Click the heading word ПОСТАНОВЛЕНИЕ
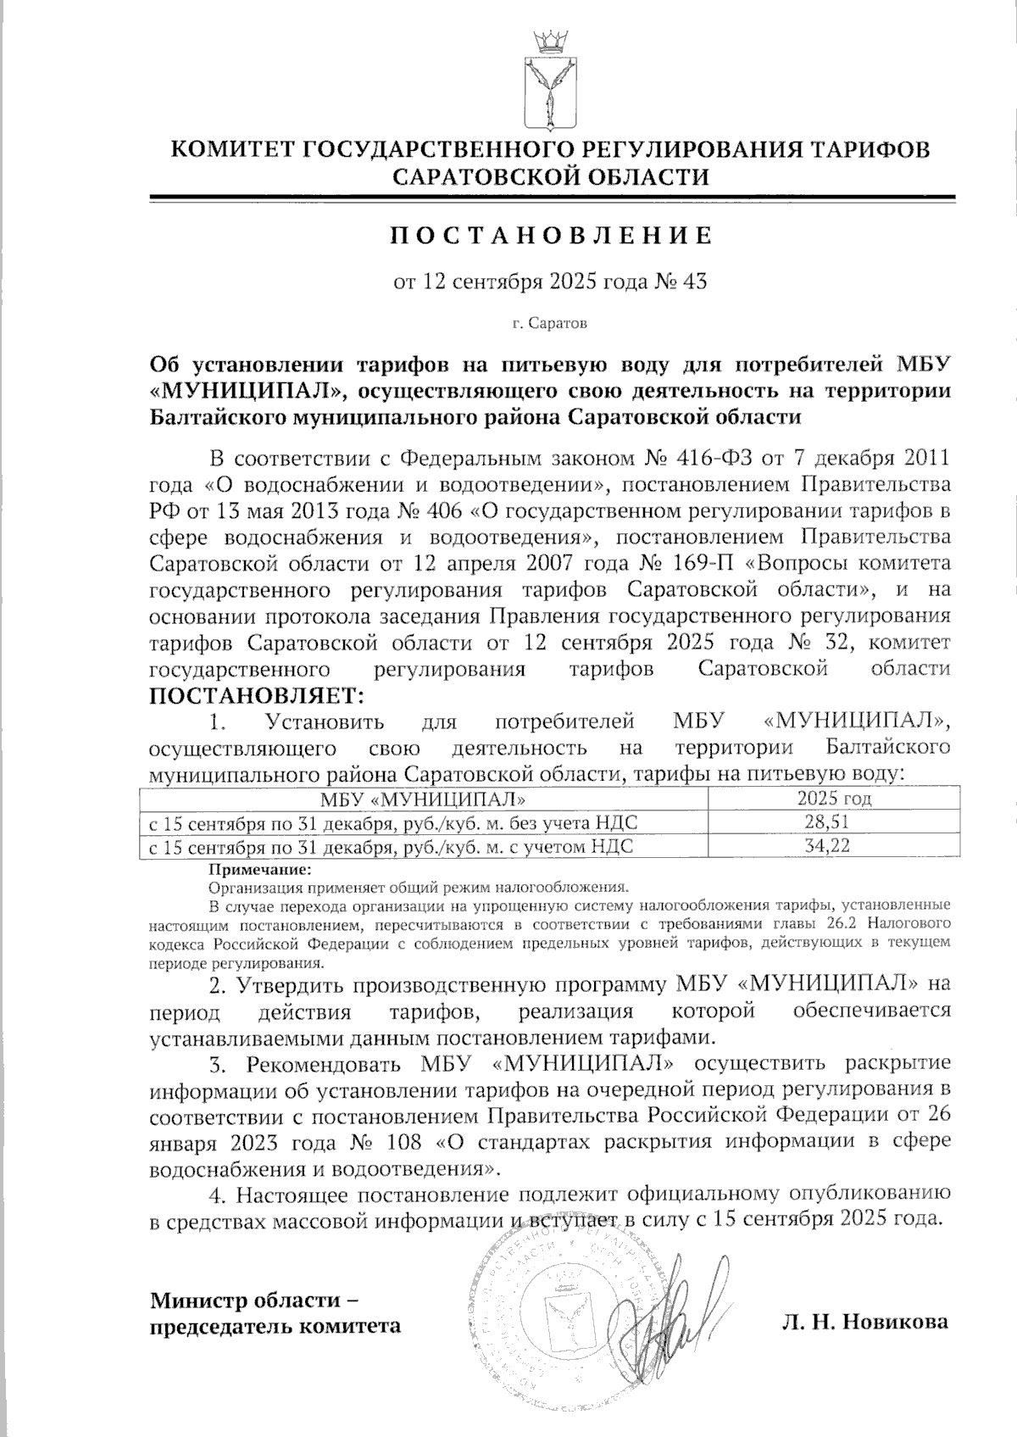(x=549, y=236)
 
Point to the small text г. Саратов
(x=548, y=324)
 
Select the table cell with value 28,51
(x=834, y=822)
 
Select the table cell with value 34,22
(x=834, y=846)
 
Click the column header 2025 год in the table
(x=834, y=799)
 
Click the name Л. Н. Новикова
(x=865, y=1322)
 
